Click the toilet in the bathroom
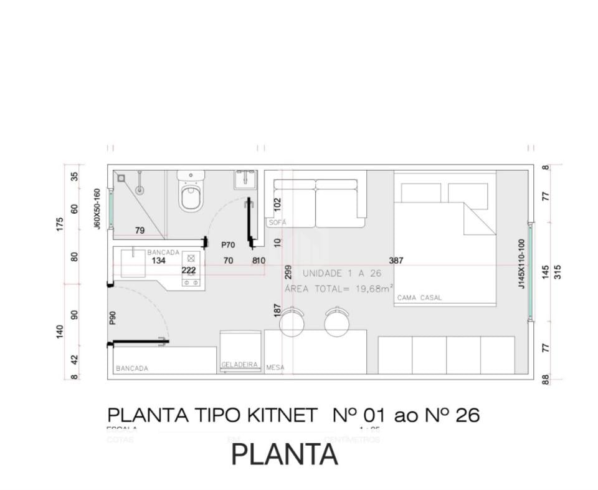click(x=191, y=193)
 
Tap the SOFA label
click(x=277, y=222)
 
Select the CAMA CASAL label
click(x=419, y=298)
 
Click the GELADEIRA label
click(x=239, y=365)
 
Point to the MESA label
click(x=275, y=368)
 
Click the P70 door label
click(x=228, y=245)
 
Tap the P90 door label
click(x=113, y=318)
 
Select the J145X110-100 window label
click(x=521, y=264)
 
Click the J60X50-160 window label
click(x=98, y=209)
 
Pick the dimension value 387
click(x=396, y=261)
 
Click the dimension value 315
click(x=558, y=272)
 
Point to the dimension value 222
click(x=189, y=270)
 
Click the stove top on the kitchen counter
click(x=191, y=270)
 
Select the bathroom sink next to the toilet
click(x=245, y=179)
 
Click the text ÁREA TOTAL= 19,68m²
click(x=339, y=289)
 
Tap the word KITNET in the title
click(x=278, y=416)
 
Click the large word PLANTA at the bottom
click(x=285, y=454)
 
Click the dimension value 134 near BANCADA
click(x=159, y=261)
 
